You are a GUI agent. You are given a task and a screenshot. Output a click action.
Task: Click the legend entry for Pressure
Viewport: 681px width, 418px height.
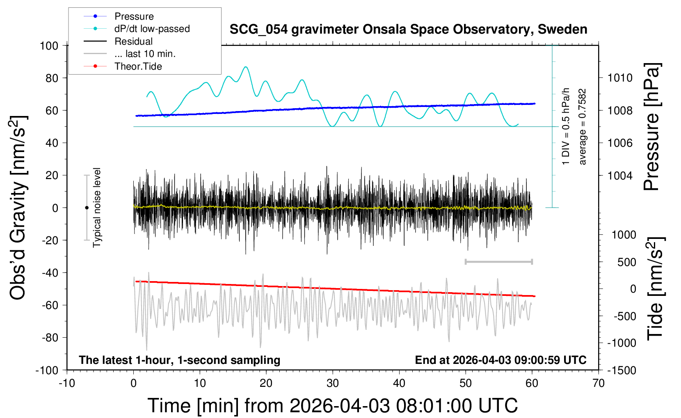134,16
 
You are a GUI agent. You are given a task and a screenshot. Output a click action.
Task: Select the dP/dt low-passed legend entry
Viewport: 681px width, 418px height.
152,29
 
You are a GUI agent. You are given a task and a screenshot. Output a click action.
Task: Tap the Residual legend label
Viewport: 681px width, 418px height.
133,41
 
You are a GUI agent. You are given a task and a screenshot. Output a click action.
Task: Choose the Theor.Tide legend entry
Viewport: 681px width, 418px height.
138,66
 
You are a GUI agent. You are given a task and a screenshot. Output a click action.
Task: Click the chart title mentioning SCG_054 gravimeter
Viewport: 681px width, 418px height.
408,30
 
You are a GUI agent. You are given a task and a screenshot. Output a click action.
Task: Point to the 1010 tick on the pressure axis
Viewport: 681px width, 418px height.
620,78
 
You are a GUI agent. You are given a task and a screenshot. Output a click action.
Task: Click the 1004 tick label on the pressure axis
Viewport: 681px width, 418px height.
620,175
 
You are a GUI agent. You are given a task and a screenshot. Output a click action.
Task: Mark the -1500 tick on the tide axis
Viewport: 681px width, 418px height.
622,370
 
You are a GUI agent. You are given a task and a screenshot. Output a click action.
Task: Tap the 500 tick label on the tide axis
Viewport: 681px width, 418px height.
626,262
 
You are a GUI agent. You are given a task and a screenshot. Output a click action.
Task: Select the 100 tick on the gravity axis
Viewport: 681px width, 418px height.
49,46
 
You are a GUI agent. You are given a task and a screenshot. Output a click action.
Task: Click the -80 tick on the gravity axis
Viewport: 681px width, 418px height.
50,338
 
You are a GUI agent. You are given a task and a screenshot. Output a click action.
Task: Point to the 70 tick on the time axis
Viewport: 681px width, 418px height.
599,383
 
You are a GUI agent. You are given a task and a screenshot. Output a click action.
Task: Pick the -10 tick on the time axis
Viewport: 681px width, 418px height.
67,383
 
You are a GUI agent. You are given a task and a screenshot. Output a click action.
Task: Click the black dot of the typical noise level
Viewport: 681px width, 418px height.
87,208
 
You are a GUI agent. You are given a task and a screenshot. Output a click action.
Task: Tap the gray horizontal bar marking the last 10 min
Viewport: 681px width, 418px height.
498,261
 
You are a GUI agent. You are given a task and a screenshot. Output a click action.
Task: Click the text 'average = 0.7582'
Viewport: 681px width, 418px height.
582,127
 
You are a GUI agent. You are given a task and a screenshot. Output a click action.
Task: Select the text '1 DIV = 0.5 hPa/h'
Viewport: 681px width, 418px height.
565,126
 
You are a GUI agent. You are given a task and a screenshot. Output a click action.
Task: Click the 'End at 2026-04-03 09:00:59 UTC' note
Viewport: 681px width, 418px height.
501,360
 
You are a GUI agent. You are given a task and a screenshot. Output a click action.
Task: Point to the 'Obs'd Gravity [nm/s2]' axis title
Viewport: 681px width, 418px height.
18,207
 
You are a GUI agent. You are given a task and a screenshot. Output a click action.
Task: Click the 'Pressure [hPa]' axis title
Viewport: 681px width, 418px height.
651,127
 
